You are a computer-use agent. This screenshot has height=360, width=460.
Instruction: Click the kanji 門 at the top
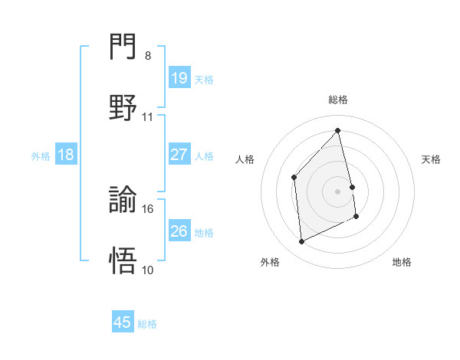[123, 48]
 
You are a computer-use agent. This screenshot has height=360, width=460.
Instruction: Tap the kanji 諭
[123, 201]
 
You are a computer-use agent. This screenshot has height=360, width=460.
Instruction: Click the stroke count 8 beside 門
[147, 56]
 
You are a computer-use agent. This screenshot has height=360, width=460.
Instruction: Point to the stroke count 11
[148, 117]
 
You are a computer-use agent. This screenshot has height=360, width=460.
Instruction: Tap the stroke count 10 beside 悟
[148, 270]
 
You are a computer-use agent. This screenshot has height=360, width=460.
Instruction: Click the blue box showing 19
[179, 77]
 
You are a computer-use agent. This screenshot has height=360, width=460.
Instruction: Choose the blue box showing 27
[179, 155]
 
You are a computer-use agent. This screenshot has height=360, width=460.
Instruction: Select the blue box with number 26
[179, 231]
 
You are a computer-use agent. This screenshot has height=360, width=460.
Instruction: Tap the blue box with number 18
[66, 155]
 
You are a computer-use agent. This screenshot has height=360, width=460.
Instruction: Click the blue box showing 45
[123, 322]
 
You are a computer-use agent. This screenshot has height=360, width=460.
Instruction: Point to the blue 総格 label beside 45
[147, 324]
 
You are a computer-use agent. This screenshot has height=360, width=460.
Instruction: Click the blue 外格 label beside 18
[41, 156]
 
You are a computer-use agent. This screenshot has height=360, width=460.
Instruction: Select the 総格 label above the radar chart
[338, 100]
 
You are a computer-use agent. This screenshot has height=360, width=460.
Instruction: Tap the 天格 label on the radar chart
[432, 159]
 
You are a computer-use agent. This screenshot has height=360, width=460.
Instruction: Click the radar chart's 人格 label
[245, 159]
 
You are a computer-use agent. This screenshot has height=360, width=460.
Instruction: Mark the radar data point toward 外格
[301, 242]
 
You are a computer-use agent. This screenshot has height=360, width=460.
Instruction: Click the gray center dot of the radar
[338, 191]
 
